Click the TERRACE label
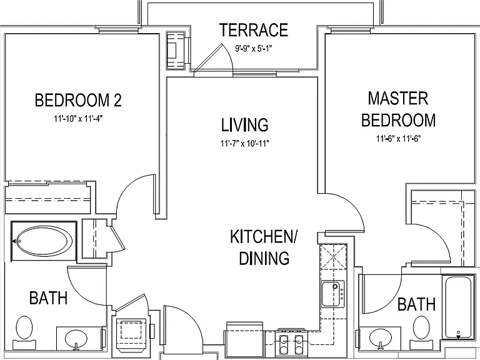pyautogui.click(x=254, y=30)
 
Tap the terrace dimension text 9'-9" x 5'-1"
pyautogui.click(x=254, y=48)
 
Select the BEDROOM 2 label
pyautogui.click(x=78, y=100)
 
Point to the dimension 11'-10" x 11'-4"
pyautogui.click(x=78, y=119)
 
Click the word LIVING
pyautogui.click(x=245, y=124)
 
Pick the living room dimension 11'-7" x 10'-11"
pyautogui.click(x=245, y=143)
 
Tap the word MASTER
pyautogui.click(x=398, y=98)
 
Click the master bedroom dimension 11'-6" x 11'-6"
pyautogui.click(x=399, y=139)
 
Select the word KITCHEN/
pyautogui.click(x=264, y=237)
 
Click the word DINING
pyautogui.click(x=264, y=257)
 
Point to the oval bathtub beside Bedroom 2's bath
pyautogui.click(x=44, y=241)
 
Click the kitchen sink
pyautogui.click(x=332, y=293)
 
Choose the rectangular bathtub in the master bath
pyautogui.click(x=458, y=307)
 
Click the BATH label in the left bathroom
pyautogui.click(x=48, y=298)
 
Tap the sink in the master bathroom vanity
pyautogui.click(x=381, y=339)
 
